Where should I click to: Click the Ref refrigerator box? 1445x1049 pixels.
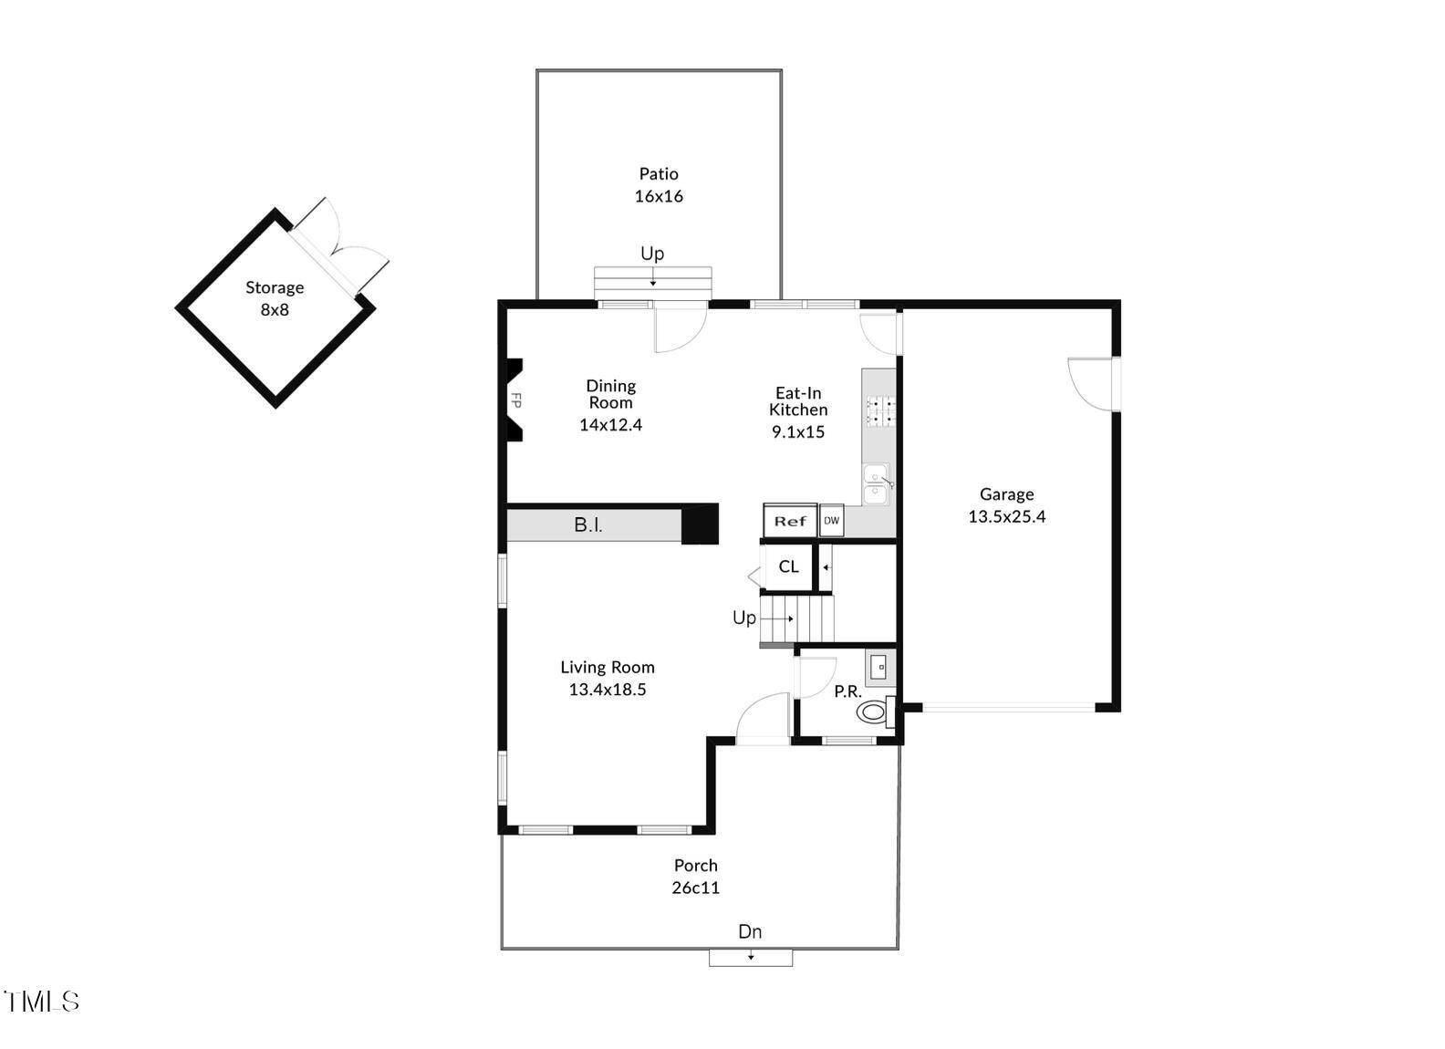click(790, 521)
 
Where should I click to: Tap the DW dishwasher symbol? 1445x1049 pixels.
click(831, 520)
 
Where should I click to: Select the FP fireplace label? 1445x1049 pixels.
click(515, 400)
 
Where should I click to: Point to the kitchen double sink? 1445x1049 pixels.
click(875, 483)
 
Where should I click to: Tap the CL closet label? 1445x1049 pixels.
click(788, 566)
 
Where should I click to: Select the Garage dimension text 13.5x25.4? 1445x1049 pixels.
click(1006, 516)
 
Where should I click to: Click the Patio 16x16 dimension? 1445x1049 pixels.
click(659, 196)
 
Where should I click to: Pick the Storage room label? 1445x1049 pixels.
click(274, 287)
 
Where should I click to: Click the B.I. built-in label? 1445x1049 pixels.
click(588, 525)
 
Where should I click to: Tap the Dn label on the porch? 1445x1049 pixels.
click(750, 931)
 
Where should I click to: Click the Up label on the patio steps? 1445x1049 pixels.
click(652, 254)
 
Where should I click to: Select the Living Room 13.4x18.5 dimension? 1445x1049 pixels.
click(608, 690)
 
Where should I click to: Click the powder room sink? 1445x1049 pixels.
click(880, 667)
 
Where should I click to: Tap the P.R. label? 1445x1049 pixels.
click(847, 691)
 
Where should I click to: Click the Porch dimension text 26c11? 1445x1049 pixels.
click(696, 888)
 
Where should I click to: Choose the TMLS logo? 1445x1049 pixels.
click(42, 1002)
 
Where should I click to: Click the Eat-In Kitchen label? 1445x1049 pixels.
click(798, 401)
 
